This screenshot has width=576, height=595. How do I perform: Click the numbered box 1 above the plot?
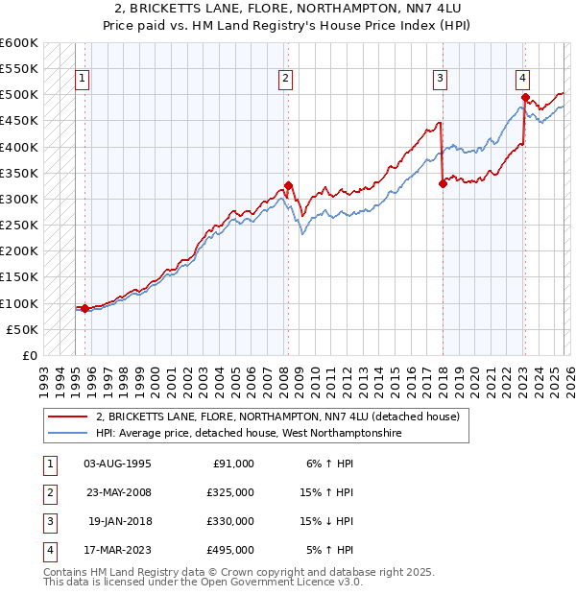click(x=84, y=80)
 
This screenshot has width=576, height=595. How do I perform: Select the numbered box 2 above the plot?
click(x=286, y=80)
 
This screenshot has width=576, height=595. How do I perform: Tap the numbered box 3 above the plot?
click(x=440, y=80)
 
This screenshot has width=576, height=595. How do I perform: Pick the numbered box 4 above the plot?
click(x=522, y=80)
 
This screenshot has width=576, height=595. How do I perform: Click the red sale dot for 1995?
click(x=84, y=308)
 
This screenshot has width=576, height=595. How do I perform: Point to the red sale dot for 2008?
click(x=288, y=186)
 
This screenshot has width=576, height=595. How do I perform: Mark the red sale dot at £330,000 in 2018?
click(x=443, y=184)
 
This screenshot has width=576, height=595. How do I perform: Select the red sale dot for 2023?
click(x=525, y=98)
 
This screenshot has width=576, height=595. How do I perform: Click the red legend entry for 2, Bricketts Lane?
click(x=278, y=416)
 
